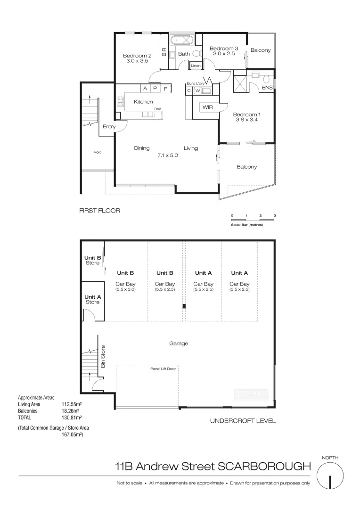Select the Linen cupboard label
point(196,66)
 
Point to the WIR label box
point(208,108)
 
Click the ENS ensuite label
point(267,88)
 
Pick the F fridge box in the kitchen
point(165,88)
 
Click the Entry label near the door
point(109,126)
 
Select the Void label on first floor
point(98,152)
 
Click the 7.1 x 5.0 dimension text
point(167,155)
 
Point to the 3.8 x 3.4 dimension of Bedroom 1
point(247,120)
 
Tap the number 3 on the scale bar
point(275,215)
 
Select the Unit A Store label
point(93,299)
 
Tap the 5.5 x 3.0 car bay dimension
point(125,289)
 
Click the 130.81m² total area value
point(72,418)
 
